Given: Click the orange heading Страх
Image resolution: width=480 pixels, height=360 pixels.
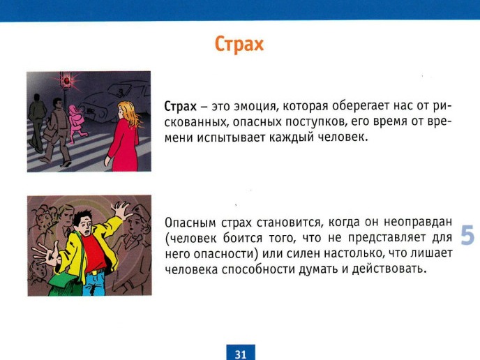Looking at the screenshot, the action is pos(239,45).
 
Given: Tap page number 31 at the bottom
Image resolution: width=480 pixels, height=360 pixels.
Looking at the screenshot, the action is pos(241,354).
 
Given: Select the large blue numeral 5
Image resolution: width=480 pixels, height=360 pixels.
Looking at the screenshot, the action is pos(467,235).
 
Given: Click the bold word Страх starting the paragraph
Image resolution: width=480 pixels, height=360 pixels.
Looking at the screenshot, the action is pos(180,107).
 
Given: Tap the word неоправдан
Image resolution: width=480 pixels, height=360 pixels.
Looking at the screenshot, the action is pos(418,222).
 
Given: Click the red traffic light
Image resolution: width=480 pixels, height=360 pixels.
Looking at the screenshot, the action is pos(67,81).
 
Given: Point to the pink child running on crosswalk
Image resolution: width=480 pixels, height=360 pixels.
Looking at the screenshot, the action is pos(77,124).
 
